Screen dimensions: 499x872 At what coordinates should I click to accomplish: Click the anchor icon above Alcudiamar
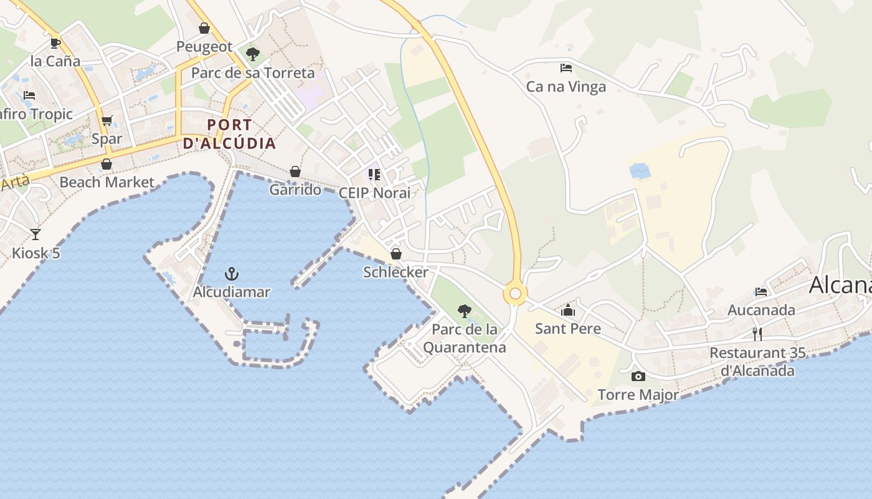click(231, 273)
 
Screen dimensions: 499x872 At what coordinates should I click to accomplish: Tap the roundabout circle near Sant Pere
click(515, 294)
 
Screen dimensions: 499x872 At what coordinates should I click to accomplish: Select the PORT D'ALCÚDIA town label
click(229, 134)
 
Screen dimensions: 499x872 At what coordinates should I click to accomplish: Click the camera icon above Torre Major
click(638, 376)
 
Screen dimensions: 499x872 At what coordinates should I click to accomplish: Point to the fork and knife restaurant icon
click(757, 334)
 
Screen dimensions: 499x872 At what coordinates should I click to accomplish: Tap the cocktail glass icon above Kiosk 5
click(36, 235)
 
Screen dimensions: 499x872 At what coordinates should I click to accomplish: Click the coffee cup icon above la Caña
click(55, 43)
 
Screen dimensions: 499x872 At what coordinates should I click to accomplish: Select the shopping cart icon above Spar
click(107, 120)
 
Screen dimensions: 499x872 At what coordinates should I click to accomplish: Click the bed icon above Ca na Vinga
click(566, 67)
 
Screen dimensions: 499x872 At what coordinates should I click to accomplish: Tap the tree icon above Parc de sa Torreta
click(252, 54)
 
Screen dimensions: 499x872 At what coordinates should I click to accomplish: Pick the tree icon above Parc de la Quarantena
click(464, 311)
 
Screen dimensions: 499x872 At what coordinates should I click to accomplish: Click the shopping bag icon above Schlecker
click(396, 254)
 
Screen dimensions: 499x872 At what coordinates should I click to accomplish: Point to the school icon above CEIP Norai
click(374, 175)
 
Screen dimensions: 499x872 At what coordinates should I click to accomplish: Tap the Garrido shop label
click(295, 190)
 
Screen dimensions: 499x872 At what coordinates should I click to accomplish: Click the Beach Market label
click(107, 182)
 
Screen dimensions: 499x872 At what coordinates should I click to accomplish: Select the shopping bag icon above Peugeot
click(204, 28)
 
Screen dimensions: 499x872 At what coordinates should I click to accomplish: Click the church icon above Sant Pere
click(568, 310)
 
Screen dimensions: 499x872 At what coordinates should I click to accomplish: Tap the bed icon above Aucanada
click(761, 291)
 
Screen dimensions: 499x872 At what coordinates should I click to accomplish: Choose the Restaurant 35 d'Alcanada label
click(757, 362)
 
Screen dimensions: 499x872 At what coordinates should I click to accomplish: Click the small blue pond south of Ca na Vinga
click(640, 171)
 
